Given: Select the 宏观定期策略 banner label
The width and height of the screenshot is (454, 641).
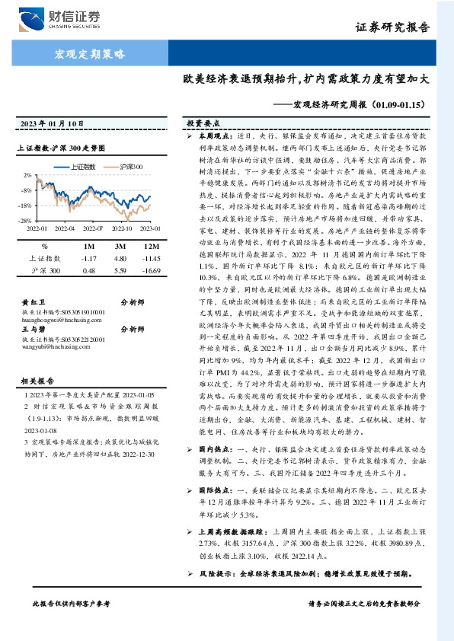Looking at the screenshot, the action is (90, 53).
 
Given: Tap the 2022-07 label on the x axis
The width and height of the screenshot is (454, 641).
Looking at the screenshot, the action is (92, 227).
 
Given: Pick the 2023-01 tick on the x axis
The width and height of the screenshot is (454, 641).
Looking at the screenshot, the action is (149, 227).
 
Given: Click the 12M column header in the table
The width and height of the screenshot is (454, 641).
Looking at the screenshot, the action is (152, 247).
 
